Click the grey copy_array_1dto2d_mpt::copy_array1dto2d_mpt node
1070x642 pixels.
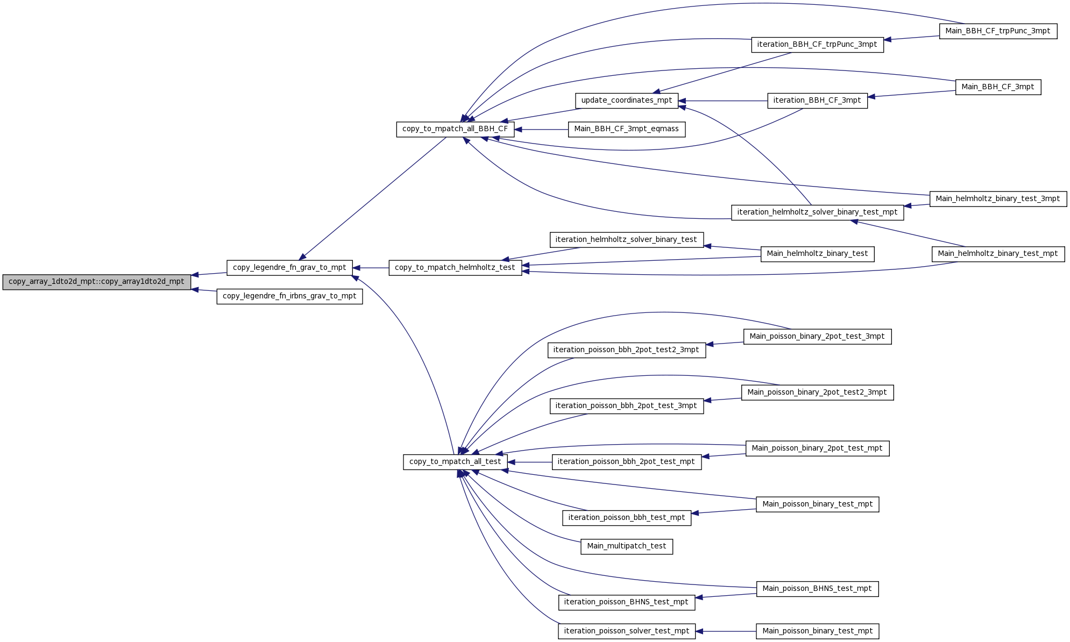(x=97, y=282)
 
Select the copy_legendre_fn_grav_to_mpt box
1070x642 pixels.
(x=289, y=268)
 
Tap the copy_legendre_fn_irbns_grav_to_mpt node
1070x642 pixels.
(x=289, y=296)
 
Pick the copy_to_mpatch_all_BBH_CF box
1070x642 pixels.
(x=455, y=129)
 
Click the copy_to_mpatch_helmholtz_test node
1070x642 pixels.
(x=455, y=268)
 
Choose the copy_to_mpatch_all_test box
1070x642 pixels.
(x=455, y=462)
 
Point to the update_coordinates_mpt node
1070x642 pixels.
(x=627, y=101)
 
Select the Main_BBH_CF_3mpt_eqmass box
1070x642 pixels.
(x=627, y=129)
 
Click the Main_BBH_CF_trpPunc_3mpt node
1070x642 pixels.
(x=998, y=31)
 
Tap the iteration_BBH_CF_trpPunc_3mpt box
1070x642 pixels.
(x=817, y=45)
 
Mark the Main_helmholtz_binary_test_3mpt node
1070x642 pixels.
(x=998, y=199)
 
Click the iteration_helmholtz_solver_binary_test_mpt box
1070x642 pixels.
(x=817, y=212)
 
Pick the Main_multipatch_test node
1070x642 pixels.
(x=627, y=546)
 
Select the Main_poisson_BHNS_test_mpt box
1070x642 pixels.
(x=817, y=589)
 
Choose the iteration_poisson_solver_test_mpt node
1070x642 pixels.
(x=627, y=631)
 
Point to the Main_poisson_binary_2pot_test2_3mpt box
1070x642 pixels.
(x=817, y=393)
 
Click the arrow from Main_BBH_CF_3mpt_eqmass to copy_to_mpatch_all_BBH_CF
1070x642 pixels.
(x=541, y=130)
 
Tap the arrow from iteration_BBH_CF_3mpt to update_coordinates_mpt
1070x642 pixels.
(x=723, y=101)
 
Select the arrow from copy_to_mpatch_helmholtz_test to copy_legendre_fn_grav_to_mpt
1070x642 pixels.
(x=371, y=268)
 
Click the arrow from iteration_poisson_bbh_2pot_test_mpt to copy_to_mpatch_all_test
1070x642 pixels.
(x=530, y=462)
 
